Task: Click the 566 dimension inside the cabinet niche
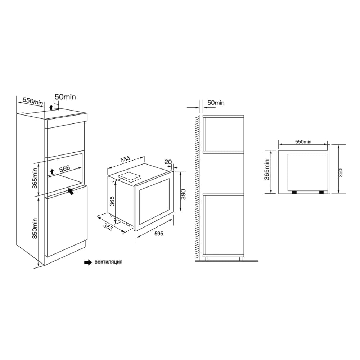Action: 65,168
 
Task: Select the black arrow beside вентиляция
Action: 88,262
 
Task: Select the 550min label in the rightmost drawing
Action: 303,142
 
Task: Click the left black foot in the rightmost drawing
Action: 294,192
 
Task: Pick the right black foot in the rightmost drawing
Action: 321,192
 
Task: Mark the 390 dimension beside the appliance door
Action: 183,194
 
